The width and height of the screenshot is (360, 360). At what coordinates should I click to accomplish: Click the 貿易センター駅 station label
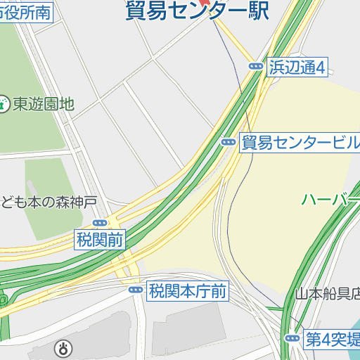[x=197, y=12]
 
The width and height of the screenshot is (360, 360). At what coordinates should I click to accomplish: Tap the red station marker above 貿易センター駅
[x=205, y=1]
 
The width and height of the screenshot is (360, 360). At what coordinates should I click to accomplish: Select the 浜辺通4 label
[x=297, y=67]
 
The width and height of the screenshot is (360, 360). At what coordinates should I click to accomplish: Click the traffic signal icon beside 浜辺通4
[x=255, y=66]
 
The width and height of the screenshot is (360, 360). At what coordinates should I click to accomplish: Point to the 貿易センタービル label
[x=300, y=143]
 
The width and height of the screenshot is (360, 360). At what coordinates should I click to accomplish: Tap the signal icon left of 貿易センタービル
[x=228, y=142]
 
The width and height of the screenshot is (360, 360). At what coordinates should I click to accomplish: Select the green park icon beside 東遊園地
[x=4, y=104]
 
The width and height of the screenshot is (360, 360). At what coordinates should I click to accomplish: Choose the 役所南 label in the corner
[x=26, y=12]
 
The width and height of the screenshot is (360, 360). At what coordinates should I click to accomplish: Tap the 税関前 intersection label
[x=100, y=240]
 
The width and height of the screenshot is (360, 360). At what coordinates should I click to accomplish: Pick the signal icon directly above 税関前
[x=100, y=223]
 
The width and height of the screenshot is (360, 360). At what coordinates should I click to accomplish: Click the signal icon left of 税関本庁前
[x=135, y=290]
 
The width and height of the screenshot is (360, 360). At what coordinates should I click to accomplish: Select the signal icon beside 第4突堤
[x=292, y=339]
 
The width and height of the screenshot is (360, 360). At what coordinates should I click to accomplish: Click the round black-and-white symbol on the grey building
[x=64, y=347]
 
